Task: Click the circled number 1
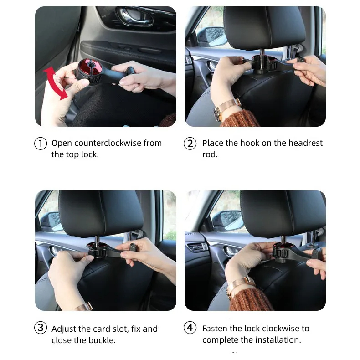click(41, 143)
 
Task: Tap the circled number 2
click(190, 143)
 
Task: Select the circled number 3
click(41, 327)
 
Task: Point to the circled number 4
click(190, 327)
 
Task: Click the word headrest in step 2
click(305, 143)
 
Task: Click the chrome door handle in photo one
click(135, 16)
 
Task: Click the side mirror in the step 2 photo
click(215, 36)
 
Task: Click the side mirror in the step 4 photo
click(227, 221)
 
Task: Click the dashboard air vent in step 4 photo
click(197, 247)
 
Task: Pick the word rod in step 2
click(210, 154)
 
